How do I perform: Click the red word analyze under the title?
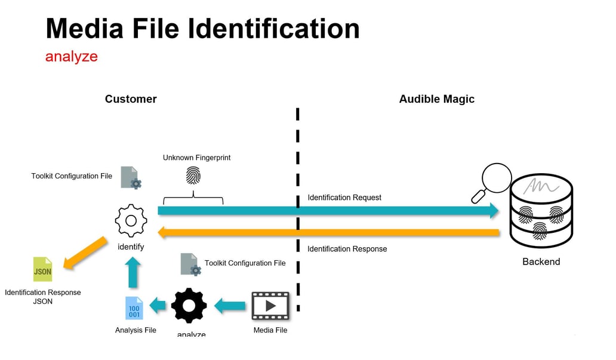point(71,57)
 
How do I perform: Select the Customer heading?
point(131,99)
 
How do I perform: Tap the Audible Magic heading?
point(436,99)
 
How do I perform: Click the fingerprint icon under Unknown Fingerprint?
point(193,176)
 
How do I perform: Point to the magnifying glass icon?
point(494,181)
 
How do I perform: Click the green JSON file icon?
point(42,270)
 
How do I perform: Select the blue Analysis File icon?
point(134,309)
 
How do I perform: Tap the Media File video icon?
point(270,306)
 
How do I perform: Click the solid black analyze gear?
point(189,306)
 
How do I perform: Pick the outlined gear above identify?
point(131,221)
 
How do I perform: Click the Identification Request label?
point(344,198)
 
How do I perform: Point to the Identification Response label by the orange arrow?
point(347,249)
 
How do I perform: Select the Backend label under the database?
point(541,261)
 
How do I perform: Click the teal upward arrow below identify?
point(134,272)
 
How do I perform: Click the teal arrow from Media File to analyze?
point(230,306)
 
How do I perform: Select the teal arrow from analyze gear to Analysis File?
point(158,306)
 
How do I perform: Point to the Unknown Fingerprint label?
point(196,158)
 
